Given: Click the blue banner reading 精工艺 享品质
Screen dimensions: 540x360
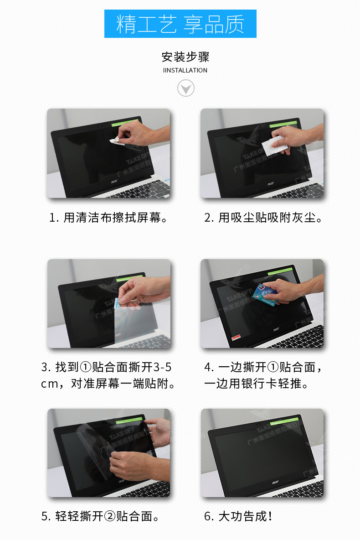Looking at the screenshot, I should point(180,24).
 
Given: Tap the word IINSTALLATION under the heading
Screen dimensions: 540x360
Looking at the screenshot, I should point(185,70).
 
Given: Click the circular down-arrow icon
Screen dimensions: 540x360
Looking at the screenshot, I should point(185,88).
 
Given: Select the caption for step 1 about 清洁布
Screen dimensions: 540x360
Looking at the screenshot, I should point(108,218).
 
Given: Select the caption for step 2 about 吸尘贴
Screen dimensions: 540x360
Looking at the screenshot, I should point(263,218).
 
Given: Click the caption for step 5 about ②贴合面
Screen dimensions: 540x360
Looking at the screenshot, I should point(100,516).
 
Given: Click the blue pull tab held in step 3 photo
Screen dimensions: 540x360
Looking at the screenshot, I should point(117,301).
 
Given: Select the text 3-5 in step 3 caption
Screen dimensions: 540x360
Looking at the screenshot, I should point(162,367).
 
